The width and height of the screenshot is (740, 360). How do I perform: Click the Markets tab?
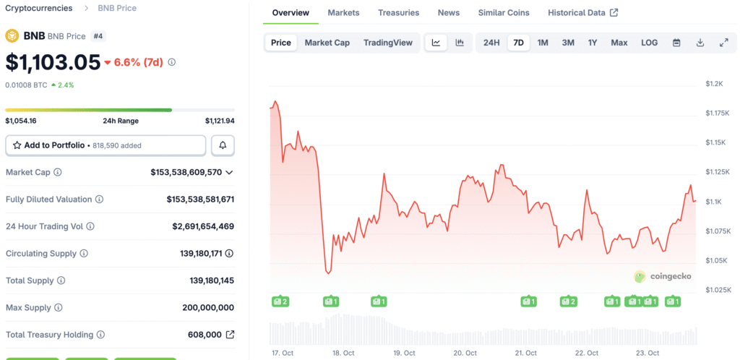[343, 13]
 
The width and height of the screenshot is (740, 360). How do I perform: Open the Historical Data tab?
[582, 13]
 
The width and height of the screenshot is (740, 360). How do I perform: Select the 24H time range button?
[491, 43]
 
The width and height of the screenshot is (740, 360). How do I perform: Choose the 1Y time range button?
[593, 43]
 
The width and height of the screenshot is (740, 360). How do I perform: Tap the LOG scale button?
[649, 43]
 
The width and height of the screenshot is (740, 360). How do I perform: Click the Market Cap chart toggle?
[327, 43]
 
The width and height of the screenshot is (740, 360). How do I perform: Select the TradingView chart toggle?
[388, 43]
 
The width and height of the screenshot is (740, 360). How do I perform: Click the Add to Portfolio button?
[106, 145]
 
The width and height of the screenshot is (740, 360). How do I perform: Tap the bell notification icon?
[223, 145]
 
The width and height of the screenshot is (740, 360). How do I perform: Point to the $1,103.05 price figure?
[53, 62]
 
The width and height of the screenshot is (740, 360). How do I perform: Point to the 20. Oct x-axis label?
[465, 353]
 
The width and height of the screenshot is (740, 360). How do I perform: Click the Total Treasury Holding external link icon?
[230, 335]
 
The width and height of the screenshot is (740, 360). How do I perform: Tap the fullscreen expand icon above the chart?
[723, 43]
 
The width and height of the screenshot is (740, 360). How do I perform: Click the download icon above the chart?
[700, 43]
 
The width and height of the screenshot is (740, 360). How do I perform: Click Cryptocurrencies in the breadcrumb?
[39, 8]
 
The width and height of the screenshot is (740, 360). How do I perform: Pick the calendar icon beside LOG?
[676, 43]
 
